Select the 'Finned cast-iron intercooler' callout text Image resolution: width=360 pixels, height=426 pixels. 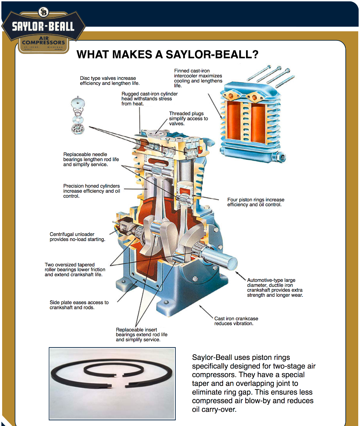[198, 78]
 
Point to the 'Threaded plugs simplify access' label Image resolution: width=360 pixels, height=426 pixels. [188, 119]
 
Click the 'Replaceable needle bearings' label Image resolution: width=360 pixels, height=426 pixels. [91, 159]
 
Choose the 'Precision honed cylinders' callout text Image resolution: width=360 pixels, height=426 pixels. [92, 191]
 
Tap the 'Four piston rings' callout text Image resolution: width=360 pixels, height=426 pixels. [256, 202]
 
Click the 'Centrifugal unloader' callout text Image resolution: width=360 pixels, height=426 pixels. [77, 237]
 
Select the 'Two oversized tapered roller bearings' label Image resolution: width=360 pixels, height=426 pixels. [75, 269]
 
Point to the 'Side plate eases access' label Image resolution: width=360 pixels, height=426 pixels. [79, 305]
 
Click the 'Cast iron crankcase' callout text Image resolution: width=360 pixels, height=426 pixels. [236, 321]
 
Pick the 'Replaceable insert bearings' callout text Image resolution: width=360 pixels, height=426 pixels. [141, 334]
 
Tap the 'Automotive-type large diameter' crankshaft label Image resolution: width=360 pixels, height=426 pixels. [275, 288]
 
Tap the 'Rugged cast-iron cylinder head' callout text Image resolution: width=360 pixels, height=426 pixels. [149, 99]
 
